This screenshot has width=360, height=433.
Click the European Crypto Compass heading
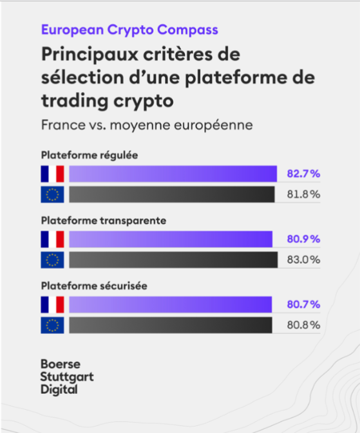(x=129, y=30)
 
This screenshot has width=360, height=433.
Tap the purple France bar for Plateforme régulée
(x=173, y=174)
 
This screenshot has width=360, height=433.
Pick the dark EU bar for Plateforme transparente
(x=172, y=260)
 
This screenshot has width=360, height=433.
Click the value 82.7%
(x=303, y=174)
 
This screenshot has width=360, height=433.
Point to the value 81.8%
(x=303, y=194)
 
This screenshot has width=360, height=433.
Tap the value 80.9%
(x=303, y=239)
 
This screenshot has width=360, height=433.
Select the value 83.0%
(x=303, y=260)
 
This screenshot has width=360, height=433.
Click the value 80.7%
(x=303, y=304)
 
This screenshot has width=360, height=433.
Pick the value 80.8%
(x=303, y=326)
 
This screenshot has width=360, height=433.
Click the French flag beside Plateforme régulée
(x=52, y=174)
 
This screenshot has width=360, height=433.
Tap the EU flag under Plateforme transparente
(x=52, y=260)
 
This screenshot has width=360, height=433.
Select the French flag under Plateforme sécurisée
(x=52, y=304)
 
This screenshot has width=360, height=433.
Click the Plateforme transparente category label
(x=104, y=220)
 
